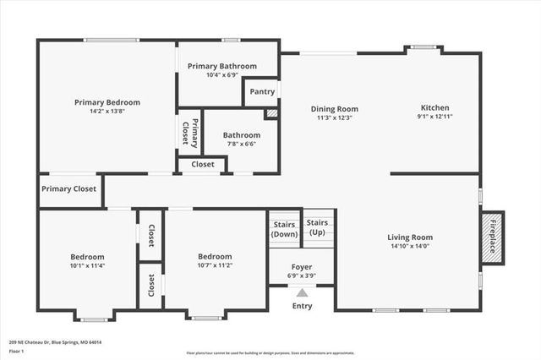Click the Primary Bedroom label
tap(107, 102)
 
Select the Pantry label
tap(260, 90)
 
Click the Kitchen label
tap(435, 108)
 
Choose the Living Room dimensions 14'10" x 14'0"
tap(410, 247)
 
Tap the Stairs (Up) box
tap(317, 227)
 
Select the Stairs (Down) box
tap(284, 229)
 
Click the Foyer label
tap(302, 266)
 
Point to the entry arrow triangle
tap(302, 292)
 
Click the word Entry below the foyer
tap(302, 306)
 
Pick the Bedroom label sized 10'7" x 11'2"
tap(215, 257)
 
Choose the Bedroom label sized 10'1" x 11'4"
tap(87, 257)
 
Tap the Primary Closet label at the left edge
tap(69, 189)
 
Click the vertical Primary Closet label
tap(189, 134)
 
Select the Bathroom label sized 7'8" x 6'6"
tap(242, 135)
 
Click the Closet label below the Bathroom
tap(202, 165)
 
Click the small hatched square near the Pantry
tap(271, 113)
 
